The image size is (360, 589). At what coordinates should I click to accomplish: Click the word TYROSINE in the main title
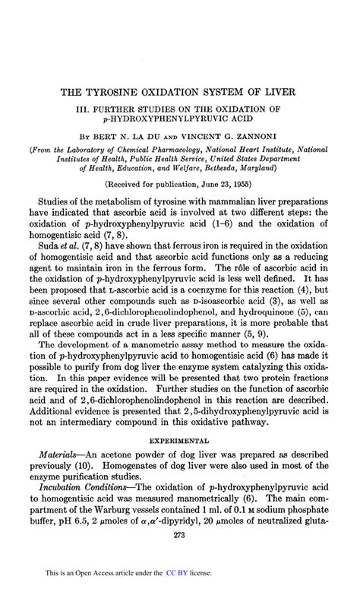[x=117, y=92]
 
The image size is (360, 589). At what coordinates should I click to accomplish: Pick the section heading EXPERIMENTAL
[x=179, y=440]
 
